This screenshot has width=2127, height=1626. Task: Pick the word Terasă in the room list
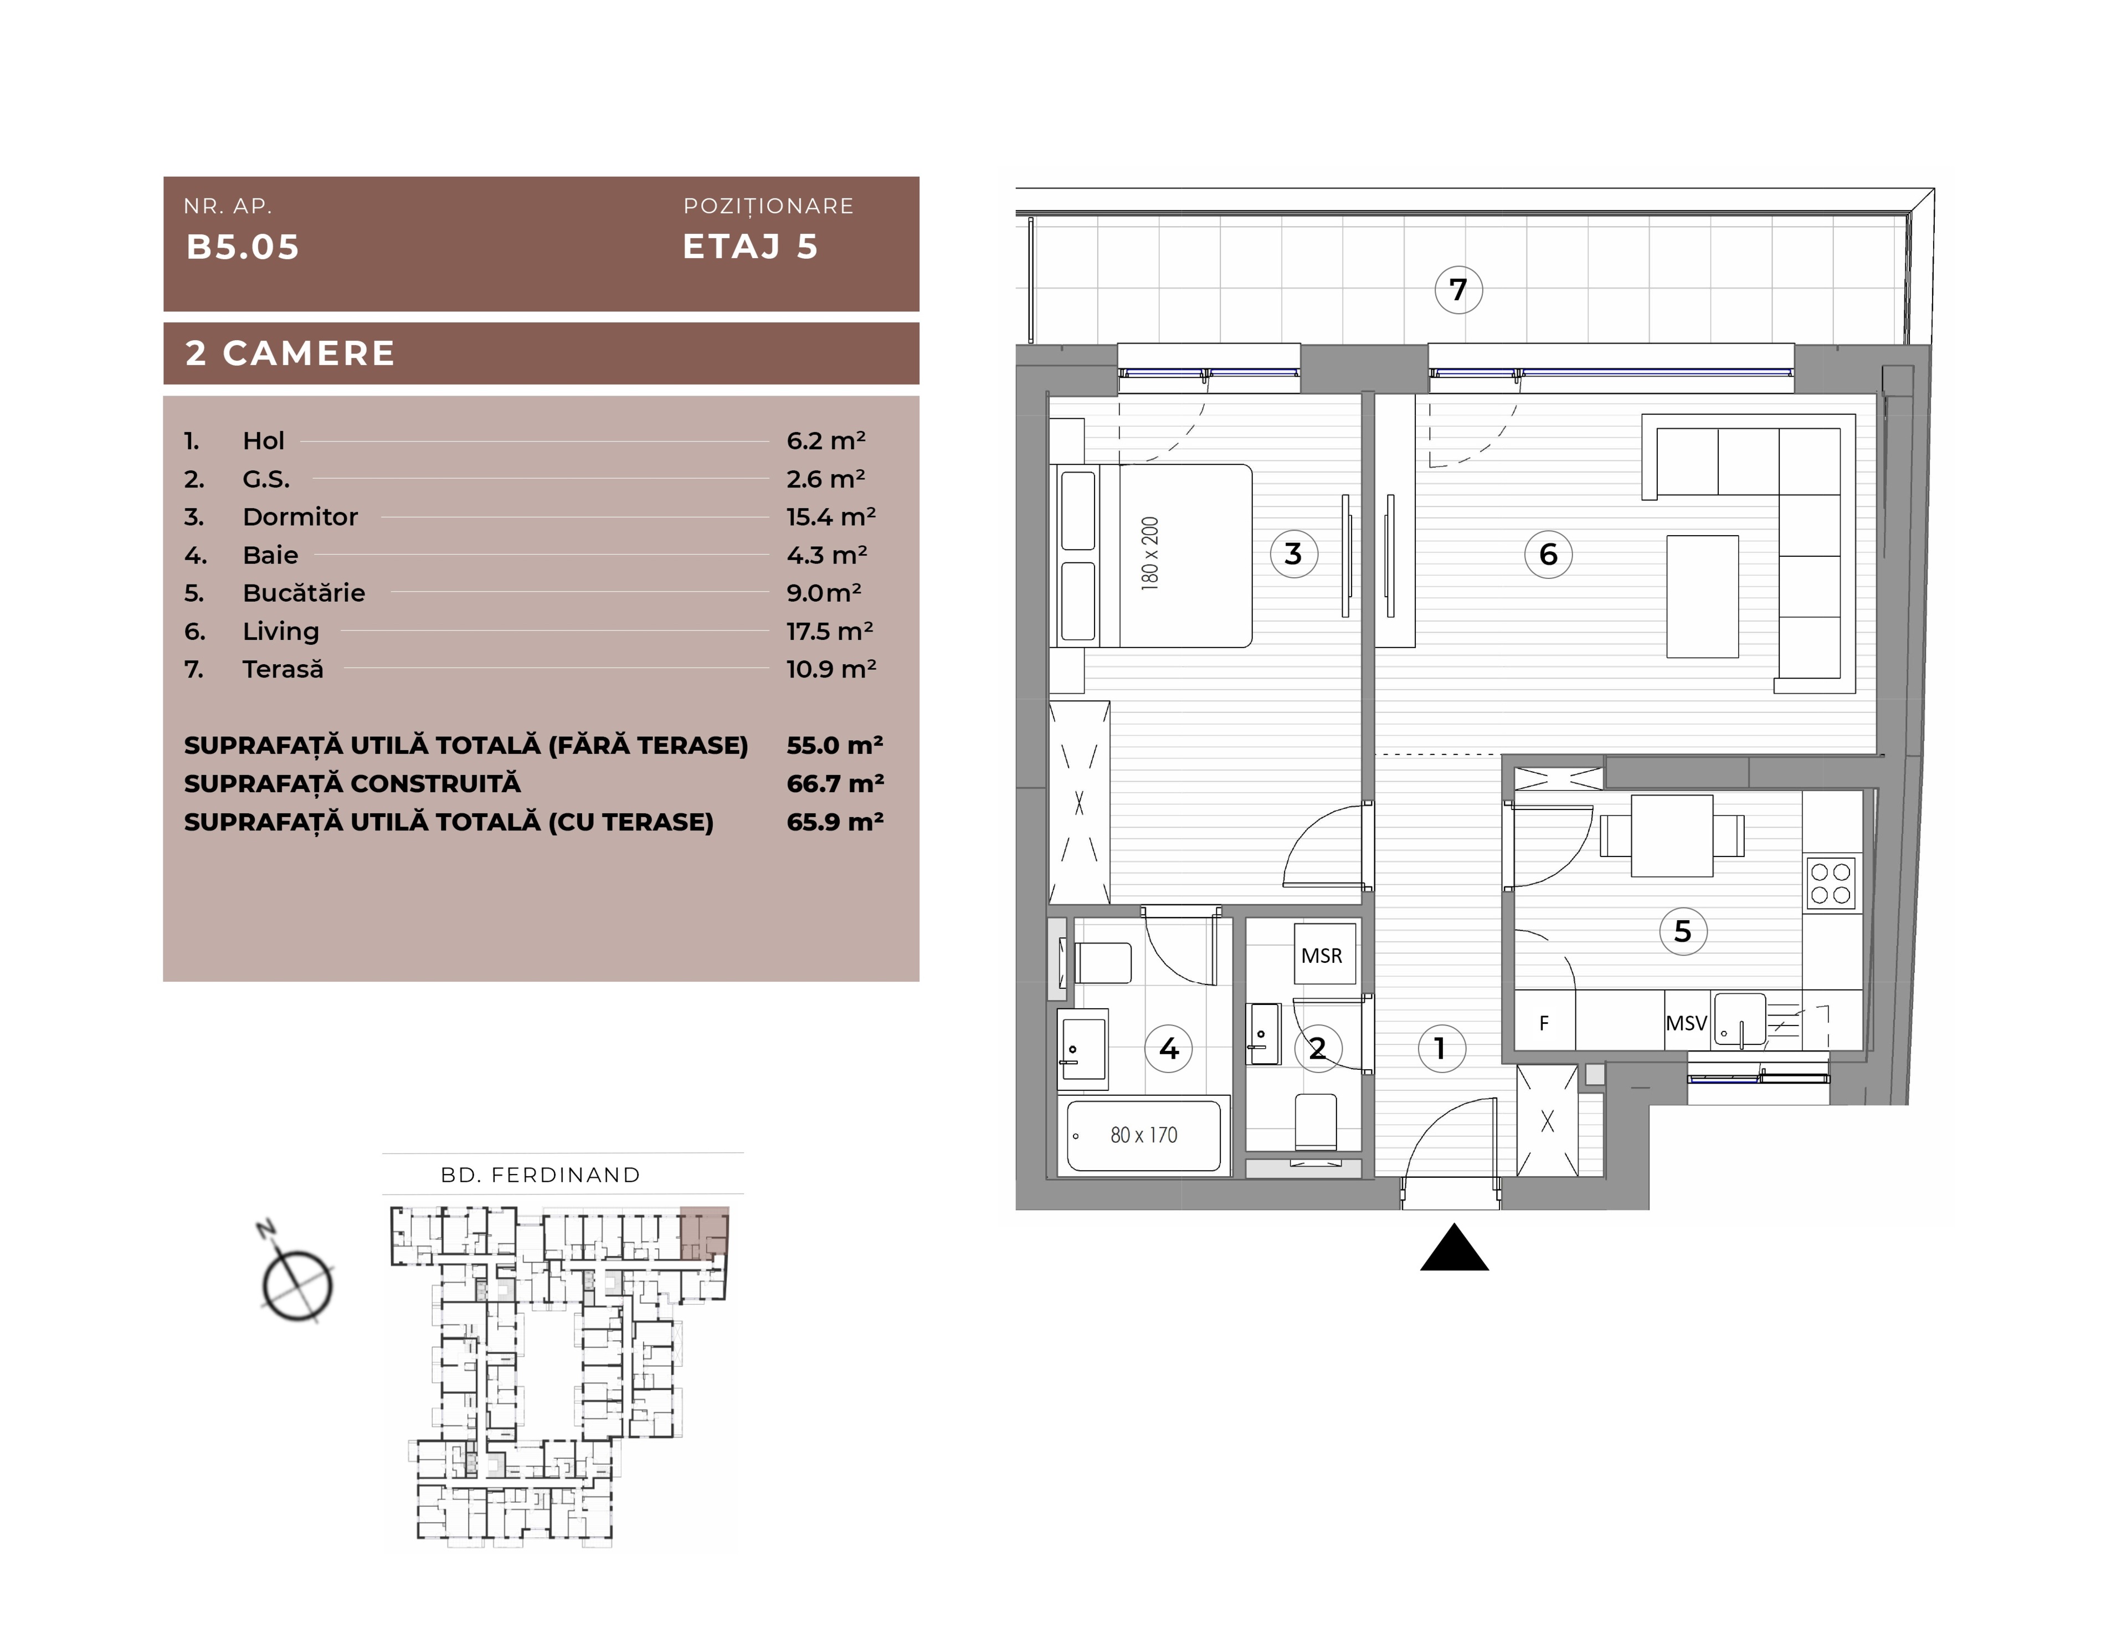point(282,669)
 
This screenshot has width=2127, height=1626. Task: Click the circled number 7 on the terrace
point(1458,289)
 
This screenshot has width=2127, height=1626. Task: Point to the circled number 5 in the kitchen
point(1683,931)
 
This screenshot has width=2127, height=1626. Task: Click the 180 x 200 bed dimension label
point(1149,553)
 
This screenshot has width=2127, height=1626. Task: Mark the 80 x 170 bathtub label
point(1144,1135)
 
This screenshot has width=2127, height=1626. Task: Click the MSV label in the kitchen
point(1686,1023)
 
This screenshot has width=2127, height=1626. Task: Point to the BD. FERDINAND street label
point(541,1175)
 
